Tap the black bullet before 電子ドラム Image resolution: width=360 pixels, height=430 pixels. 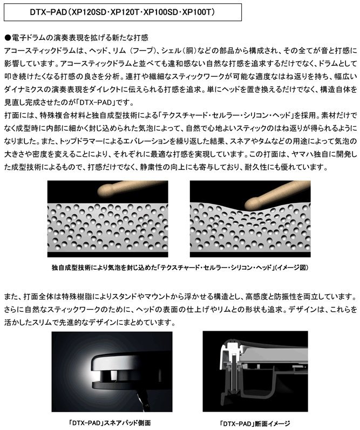pos(8,38)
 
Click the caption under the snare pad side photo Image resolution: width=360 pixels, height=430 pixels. pos(110,422)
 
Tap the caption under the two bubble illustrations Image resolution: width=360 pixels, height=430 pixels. pos(180,268)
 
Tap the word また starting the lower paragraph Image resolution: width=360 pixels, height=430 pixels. pos(10,296)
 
